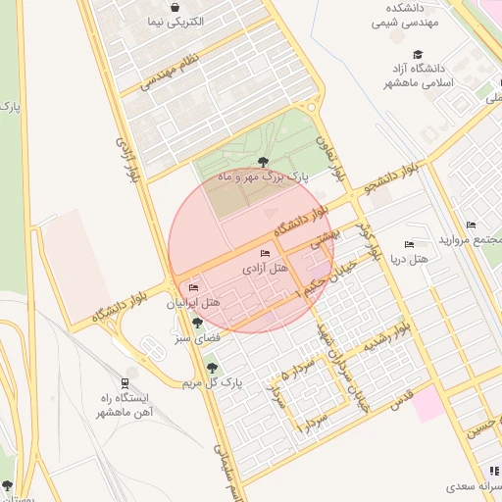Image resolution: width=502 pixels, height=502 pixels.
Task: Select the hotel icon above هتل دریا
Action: [409, 244]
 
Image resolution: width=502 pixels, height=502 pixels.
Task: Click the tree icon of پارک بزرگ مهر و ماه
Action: [262, 162]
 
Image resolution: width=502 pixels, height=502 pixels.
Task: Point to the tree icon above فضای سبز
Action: [198, 323]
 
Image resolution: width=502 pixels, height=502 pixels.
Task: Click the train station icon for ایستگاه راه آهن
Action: [125, 383]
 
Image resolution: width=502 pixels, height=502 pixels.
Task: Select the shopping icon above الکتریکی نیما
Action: [175, 7]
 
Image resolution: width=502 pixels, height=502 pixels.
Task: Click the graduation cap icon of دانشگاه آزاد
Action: [419, 55]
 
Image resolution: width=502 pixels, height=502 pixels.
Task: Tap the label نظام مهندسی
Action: [169, 74]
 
